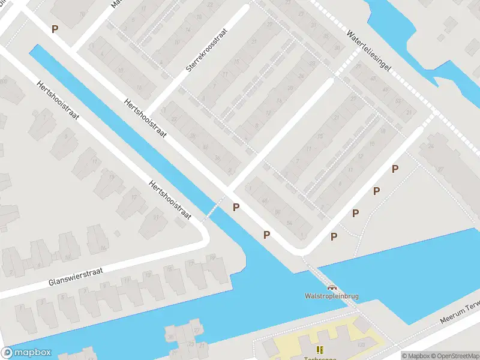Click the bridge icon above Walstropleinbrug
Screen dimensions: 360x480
331,287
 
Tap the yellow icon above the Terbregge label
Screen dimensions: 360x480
319,349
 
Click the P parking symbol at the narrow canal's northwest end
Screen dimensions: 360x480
55,29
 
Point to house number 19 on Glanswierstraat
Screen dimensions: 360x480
212,257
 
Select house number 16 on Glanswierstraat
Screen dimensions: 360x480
103,247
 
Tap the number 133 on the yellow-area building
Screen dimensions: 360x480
361,344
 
